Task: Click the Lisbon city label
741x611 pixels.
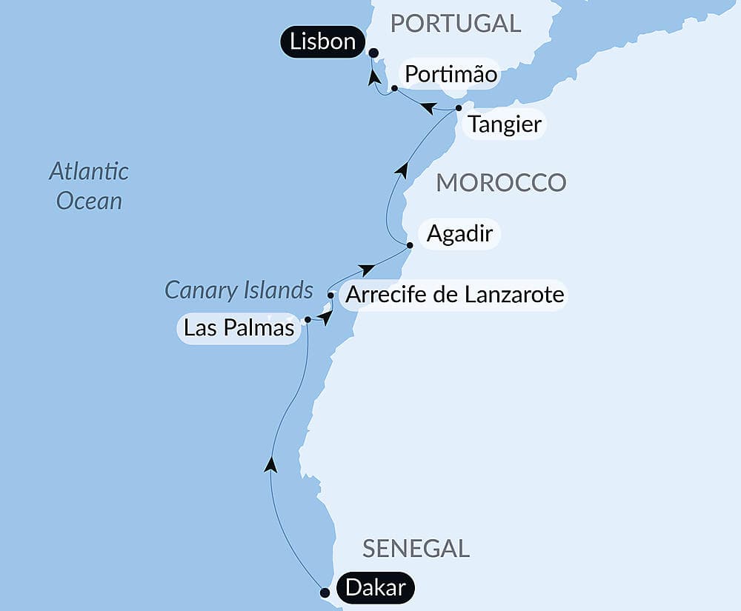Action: tap(322, 42)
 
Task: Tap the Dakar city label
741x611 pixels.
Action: tap(375, 588)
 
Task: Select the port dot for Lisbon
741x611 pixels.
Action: tap(373, 53)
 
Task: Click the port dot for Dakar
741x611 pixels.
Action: tap(325, 592)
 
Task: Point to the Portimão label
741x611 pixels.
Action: tap(448, 76)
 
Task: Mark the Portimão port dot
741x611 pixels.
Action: tap(394, 88)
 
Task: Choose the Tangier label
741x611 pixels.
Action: tap(505, 124)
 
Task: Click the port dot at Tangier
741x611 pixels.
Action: tap(459, 108)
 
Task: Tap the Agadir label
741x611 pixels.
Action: tap(459, 235)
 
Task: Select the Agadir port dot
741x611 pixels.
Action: tap(409, 244)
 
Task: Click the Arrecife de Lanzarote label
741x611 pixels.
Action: tap(455, 295)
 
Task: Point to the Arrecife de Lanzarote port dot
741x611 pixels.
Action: tap(330, 295)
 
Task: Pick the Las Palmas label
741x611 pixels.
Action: tap(239, 327)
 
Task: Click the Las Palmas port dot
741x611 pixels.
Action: tap(308, 320)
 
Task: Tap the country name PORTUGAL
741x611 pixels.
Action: tap(456, 23)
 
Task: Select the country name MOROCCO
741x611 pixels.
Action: tap(501, 182)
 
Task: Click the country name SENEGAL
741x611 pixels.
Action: tap(416, 548)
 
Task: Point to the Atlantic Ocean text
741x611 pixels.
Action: tap(89, 186)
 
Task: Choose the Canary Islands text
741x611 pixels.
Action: tap(239, 290)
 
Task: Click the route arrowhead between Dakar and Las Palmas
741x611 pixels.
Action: tap(271, 464)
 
